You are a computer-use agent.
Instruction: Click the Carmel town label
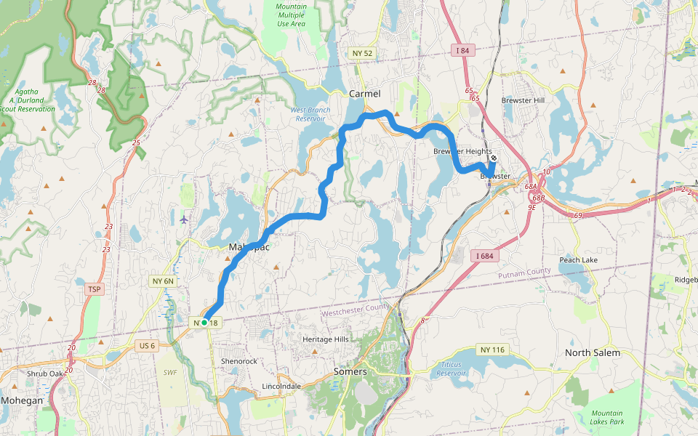click(x=364, y=94)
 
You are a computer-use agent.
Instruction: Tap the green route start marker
click(x=204, y=322)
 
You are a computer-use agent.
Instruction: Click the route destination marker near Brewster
click(x=494, y=158)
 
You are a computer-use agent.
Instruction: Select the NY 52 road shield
click(x=361, y=53)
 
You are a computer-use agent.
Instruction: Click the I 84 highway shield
click(x=464, y=50)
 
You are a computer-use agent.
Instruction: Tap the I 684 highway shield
click(x=485, y=256)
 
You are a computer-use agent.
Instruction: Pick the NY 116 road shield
click(x=492, y=350)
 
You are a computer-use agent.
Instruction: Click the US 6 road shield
click(x=145, y=345)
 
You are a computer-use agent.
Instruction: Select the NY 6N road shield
click(x=163, y=280)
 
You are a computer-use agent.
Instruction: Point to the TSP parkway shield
click(x=94, y=289)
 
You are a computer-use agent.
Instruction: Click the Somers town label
click(x=350, y=371)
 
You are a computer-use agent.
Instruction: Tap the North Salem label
click(x=593, y=353)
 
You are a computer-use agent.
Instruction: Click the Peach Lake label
click(x=578, y=260)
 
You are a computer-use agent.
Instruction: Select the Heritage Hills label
click(x=326, y=339)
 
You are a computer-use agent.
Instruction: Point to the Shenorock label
click(x=238, y=361)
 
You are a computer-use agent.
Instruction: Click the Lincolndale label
click(x=281, y=387)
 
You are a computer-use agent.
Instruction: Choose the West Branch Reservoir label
click(x=310, y=114)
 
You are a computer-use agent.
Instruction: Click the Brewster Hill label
click(x=523, y=100)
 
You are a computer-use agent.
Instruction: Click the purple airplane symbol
click(x=183, y=218)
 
